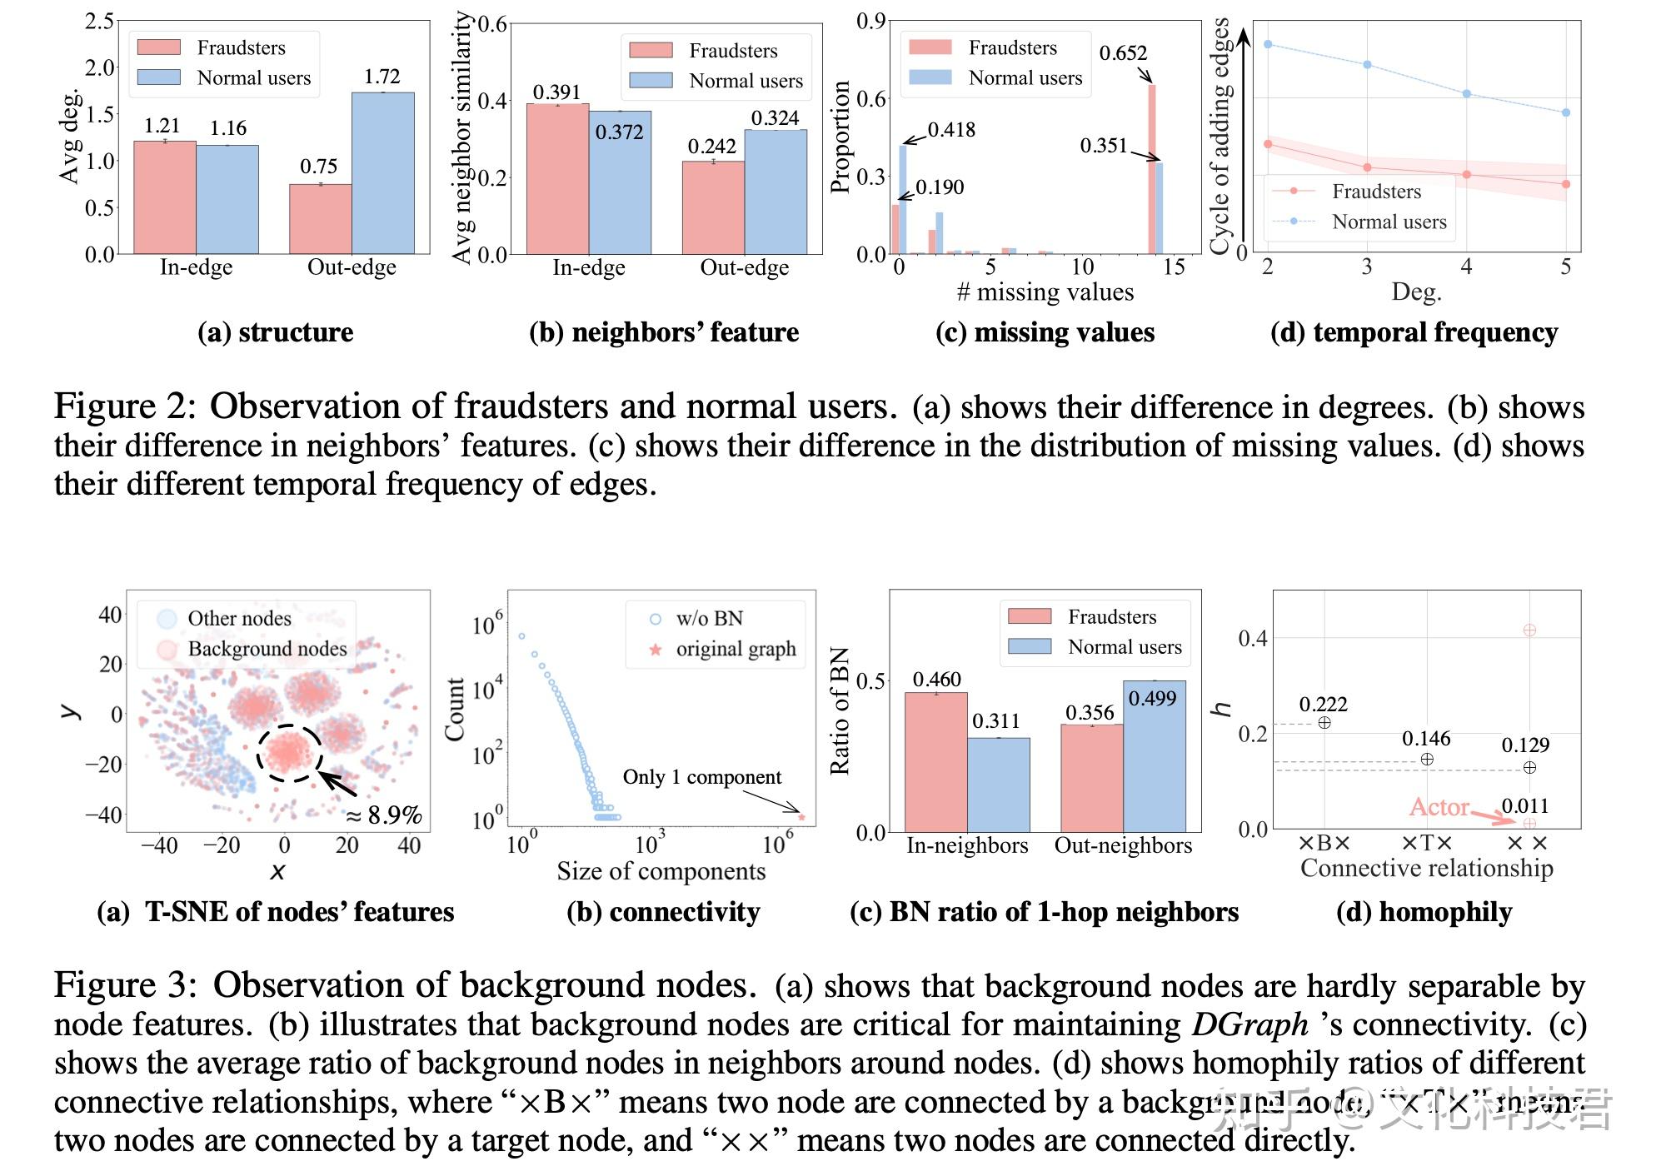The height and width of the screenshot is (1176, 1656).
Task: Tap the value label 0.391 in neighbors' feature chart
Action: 556,92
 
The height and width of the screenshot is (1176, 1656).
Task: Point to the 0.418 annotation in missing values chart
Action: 951,130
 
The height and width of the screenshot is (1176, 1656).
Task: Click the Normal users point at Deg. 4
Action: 1466,94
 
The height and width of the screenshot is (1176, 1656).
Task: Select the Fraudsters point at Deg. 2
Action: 1268,144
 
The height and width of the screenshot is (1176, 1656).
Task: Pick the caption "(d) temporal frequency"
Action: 1414,332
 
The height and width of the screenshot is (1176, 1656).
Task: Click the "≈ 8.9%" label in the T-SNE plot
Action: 384,815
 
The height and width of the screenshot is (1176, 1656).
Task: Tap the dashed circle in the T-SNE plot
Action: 288,753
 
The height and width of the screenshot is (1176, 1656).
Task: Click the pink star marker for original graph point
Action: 801,817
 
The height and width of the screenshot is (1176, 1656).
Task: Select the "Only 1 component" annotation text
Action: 701,777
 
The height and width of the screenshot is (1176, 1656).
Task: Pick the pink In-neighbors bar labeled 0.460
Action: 935,761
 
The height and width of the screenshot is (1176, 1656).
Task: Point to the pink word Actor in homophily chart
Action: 1439,807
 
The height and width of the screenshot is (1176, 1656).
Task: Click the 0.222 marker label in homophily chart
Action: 1323,705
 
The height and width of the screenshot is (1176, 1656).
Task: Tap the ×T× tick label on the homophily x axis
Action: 1426,844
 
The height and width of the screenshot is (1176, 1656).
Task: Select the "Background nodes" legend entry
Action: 267,649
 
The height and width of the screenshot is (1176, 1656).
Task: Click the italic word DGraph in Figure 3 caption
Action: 1249,1024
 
